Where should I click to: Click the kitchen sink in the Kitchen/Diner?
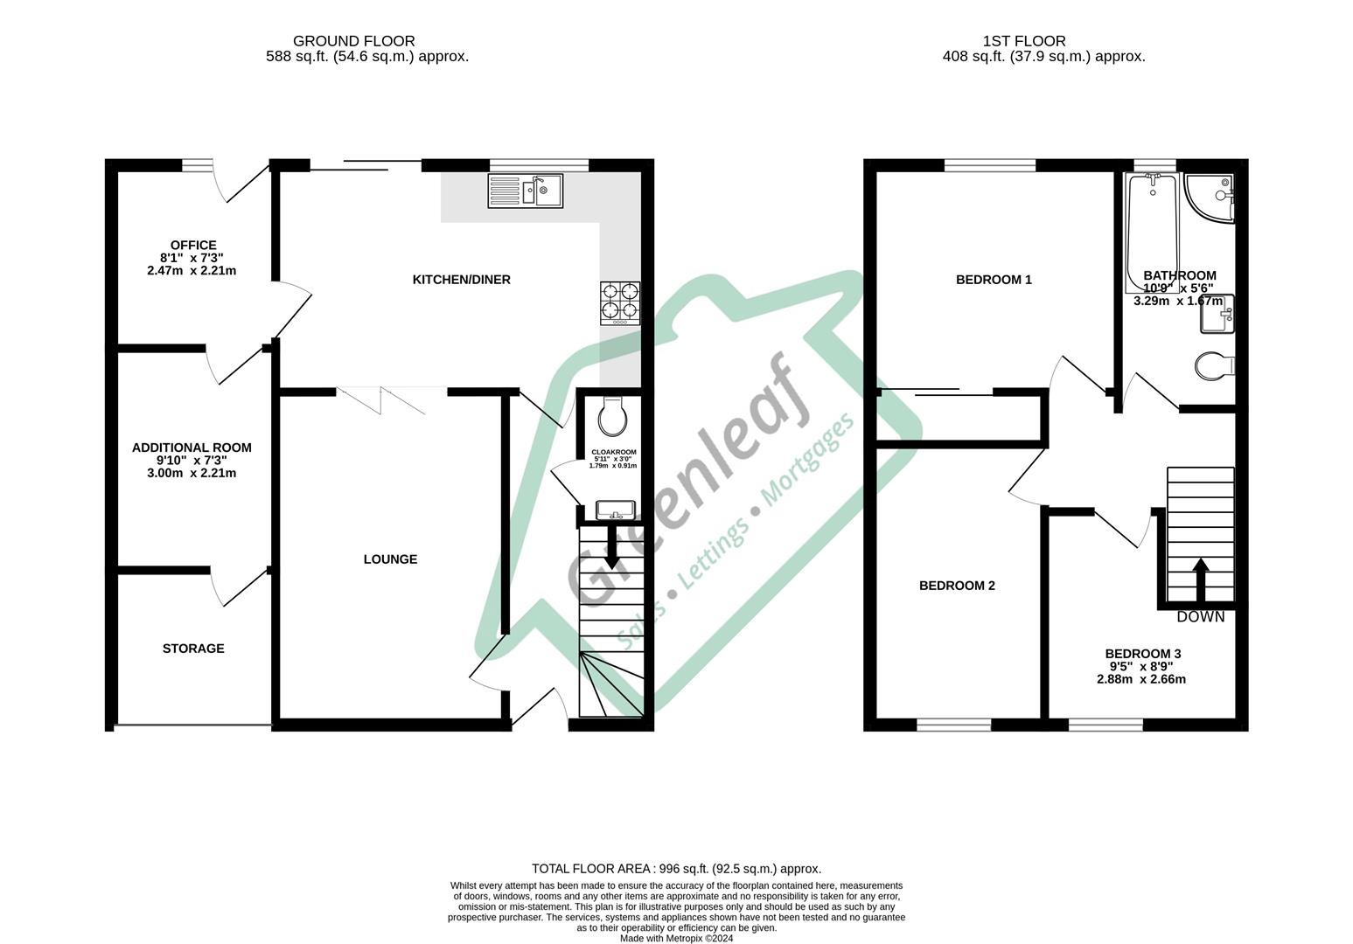coord(525,191)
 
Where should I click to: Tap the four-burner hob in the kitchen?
coord(620,303)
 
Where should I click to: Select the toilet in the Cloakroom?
coord(612,416)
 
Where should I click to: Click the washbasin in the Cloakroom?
coord(615,510)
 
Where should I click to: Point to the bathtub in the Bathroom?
coord(1152,233)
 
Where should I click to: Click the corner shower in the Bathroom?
coord(1210,198)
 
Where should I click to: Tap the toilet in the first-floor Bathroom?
coord(1214,365)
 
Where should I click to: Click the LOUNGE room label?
coord(390,559)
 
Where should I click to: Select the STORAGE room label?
coord(193,649)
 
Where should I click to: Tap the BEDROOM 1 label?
coord(994,280)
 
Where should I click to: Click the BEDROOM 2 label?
coord(957,586)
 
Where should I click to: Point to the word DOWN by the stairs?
coord(1201,617)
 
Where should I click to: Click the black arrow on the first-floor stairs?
coord(1200,580)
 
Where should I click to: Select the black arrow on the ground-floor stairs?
coord(611,547)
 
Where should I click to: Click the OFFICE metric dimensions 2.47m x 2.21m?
coord(192,270)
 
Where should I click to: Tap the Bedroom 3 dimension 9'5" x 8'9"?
coord(1141,666)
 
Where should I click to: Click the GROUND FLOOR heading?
coord(354,41)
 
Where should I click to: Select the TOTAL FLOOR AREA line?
coord(677,869)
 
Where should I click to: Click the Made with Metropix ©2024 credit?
coord(677,939)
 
